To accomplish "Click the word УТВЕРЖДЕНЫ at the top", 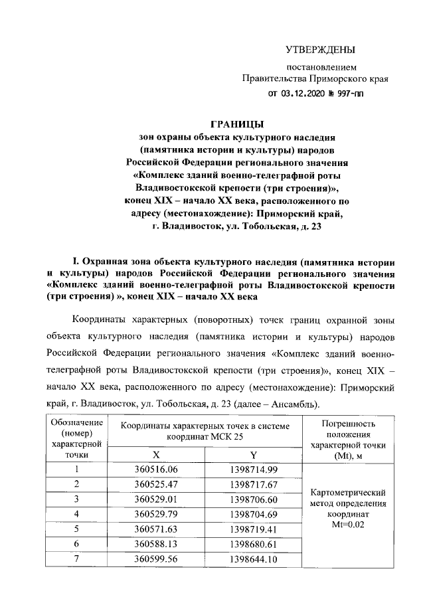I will (320, 50).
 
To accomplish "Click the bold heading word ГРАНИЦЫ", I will (236, 124).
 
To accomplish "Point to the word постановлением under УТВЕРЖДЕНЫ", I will (321, 67).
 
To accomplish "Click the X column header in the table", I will (156, 456).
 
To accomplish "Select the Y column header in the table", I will (253, 456).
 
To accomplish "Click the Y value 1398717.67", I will (253, 485).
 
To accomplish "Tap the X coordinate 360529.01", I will (156, 499).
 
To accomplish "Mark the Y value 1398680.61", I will (253, 544).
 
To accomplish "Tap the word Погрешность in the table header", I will (349, 423).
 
